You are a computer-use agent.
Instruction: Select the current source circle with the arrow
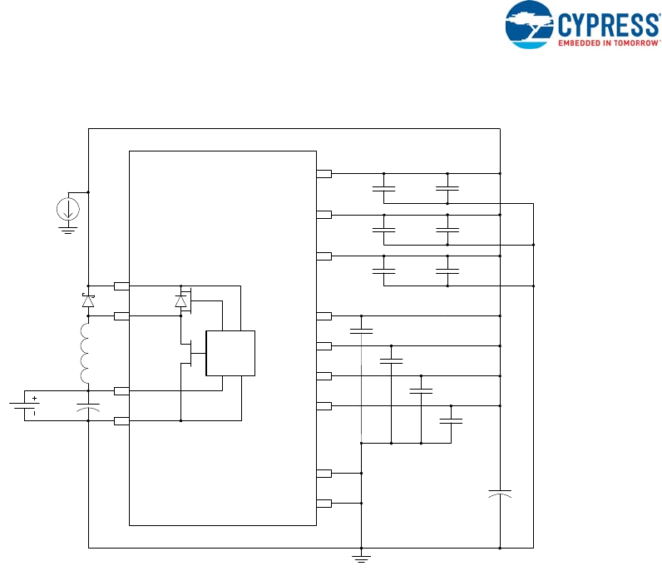click(x=68, y=208)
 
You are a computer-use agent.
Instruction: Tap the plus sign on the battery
click(x=35, y=398)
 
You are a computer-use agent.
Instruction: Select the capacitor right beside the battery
click(x=88, y=406)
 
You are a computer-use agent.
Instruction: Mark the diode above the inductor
click(x=88, y=301)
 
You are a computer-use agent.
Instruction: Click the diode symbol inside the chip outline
click(x=180, y=300)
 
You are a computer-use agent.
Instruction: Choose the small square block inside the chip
click(x=230, y=354)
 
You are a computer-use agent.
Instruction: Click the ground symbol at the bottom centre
click(x=361, y=557)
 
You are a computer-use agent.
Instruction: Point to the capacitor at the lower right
click(x=500, y=494)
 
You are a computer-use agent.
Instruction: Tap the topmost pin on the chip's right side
click(x=324, y=174)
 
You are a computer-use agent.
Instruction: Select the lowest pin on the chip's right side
click(x=324, y=504)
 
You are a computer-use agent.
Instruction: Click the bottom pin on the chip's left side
click(x=121, y=421)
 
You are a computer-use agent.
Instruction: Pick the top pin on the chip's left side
click(x=121, y=286)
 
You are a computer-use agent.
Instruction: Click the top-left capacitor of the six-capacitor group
click(x=383, y=189)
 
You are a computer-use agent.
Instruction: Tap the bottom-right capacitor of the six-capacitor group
click(x=447, y=271)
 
